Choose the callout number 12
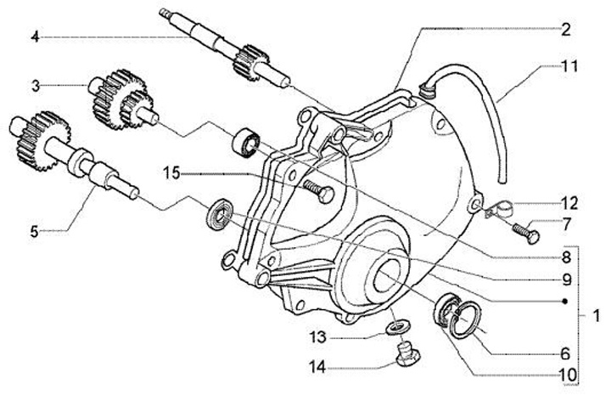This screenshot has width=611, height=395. coord(567,203)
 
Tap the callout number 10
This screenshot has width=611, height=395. coord(566,374)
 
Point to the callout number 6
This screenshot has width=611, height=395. coord(566,350)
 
